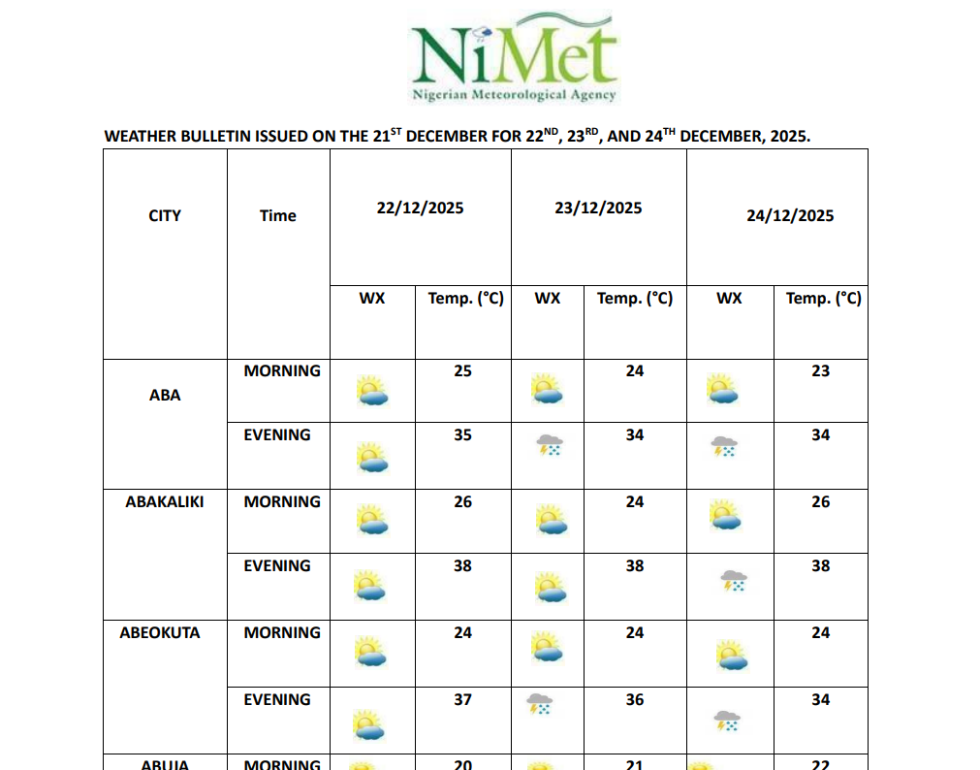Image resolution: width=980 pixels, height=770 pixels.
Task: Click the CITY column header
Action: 165,215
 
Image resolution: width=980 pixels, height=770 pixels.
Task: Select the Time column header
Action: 277,215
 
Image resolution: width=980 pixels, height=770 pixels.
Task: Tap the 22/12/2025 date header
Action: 420,208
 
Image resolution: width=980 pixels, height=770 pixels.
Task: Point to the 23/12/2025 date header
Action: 598,208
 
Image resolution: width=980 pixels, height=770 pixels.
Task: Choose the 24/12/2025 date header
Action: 790,215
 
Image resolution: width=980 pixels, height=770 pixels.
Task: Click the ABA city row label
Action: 165,395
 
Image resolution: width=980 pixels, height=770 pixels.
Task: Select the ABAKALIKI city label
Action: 165,501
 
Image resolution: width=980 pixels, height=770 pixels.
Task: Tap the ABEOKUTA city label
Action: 160,632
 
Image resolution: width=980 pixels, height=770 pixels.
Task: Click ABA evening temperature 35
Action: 463,434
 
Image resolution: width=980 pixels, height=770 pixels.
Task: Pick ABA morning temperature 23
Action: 820,370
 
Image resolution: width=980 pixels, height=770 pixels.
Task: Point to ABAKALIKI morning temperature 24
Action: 635,501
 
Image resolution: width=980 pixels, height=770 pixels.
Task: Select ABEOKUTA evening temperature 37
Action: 463,699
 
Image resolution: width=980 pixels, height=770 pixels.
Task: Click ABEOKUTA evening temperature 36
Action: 635,699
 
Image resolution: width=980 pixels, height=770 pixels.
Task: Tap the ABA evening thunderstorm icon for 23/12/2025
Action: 550,445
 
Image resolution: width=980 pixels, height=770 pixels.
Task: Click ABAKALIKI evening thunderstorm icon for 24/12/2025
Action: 733,580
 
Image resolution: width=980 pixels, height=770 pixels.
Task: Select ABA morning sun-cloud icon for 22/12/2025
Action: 371,390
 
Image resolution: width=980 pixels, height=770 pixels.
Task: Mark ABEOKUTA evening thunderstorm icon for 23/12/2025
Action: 539,703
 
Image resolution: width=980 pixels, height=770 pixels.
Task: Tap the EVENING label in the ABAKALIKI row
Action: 277,565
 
